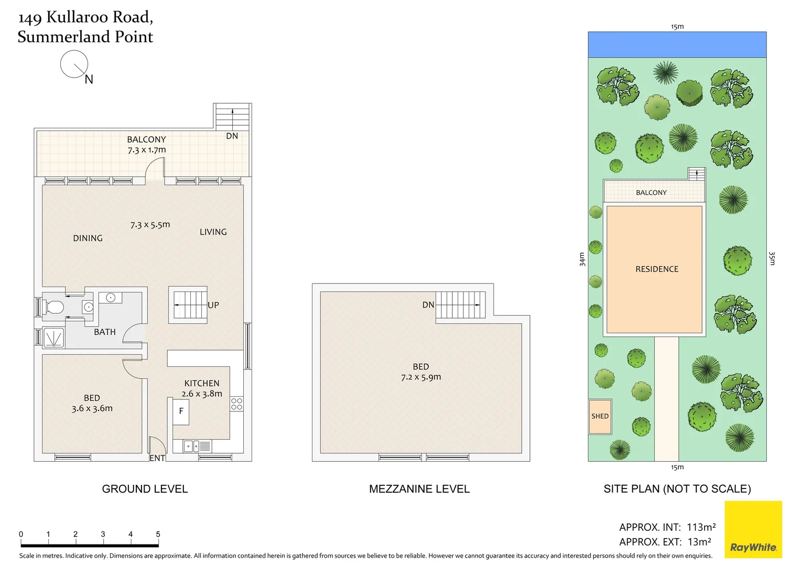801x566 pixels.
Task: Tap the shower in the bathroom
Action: (x=53, y=338)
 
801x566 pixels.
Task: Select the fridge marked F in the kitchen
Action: (x=181, y=411)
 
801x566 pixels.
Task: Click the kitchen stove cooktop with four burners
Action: (x=236, y=404)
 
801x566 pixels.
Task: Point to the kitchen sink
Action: (x=191, y=446)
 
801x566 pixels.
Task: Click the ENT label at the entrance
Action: (x=157, y=458)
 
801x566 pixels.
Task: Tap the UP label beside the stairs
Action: (x=213, y=305)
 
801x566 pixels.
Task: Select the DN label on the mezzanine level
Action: (x=428, y=304)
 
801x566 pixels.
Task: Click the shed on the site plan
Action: (x=600, y=417)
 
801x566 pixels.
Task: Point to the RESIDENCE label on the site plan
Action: (x=656, y=269)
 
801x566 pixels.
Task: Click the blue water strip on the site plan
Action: (x=677, y=45)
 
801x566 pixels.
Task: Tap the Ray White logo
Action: (x=753, y=529)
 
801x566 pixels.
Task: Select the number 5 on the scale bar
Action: (x=158, y=534)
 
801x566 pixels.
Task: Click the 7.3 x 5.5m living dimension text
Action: (x=150, y=225)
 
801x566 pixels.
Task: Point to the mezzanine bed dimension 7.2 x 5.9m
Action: (x=421, y=377)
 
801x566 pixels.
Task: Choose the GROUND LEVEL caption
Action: (x=145, y=489)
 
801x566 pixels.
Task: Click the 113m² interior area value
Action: (x=701, y=527)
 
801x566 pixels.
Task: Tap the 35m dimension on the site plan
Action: (x=772, y=258)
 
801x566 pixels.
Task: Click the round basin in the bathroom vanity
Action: (x=111, y=298)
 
